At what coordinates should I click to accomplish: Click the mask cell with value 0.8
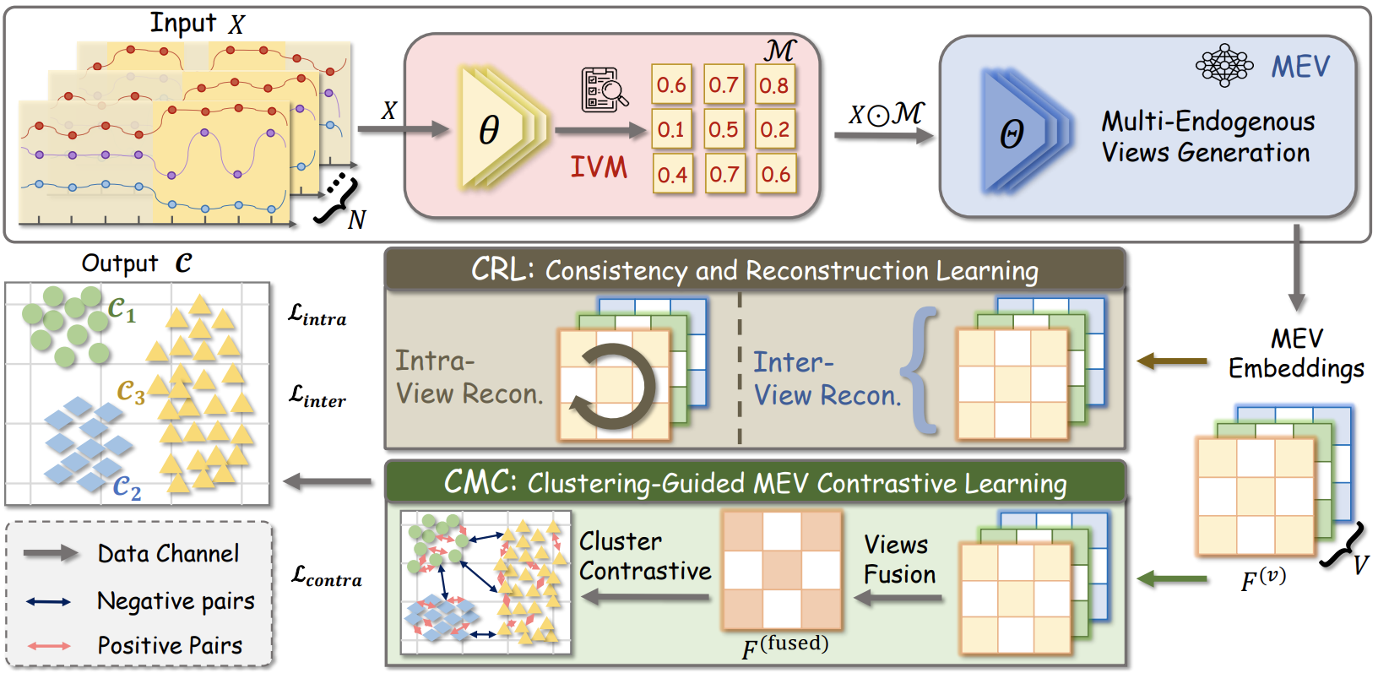[774, 84]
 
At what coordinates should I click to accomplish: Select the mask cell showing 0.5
[724, 129]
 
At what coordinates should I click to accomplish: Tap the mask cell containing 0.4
[672, 174]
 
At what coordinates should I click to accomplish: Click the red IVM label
[599, 167]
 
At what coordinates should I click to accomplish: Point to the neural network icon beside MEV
[1224, 65]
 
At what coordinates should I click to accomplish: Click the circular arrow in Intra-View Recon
[613, 386]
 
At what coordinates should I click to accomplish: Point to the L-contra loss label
[326, 577]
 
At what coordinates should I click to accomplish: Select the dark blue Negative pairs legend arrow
[48, 601]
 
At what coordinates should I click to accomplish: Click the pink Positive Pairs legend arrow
[49, 646]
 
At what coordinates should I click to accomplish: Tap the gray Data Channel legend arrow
[51, 554]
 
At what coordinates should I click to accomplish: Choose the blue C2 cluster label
[127, 488]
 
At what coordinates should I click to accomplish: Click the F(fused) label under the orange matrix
[785, 647]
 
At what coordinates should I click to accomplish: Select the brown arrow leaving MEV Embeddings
[1171, 361]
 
